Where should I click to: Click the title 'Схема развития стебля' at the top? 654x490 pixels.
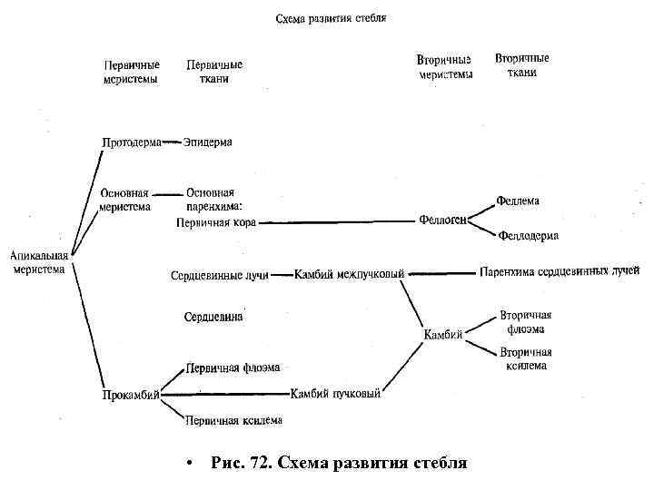[331, 18]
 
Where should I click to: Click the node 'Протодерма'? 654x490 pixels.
[131, 142]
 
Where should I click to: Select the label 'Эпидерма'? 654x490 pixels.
[208, 142]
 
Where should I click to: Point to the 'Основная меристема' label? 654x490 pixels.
[124, 200]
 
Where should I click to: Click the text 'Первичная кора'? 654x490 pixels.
[215, 221]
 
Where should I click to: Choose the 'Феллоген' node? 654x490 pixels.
[443, 220]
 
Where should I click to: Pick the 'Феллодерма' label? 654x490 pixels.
[528, 236]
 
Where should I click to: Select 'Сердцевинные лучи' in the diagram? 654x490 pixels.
[219, 275]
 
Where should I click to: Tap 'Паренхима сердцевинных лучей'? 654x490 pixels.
[559, 271]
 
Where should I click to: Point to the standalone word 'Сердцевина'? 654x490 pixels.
[213, 318]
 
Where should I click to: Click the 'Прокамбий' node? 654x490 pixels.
[131, 395]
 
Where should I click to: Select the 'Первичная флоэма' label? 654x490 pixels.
[233, 367]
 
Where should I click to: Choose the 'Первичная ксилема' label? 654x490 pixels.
[233, 420]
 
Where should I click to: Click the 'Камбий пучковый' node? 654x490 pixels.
[335, 394]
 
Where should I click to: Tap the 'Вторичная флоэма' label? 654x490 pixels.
[526, 322]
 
